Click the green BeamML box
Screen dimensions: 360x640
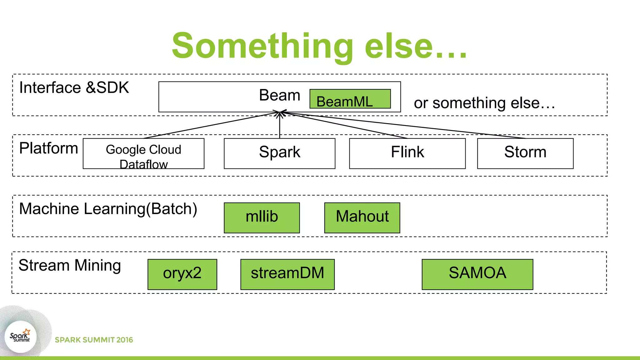350,99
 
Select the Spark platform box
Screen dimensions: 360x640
279,153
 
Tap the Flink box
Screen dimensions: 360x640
407,153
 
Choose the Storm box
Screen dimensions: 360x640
525,153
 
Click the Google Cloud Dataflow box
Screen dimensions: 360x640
143,153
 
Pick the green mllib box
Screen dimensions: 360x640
262,218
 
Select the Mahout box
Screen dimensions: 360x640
362,218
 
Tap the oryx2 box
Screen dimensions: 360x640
182,274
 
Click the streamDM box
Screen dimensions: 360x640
287,274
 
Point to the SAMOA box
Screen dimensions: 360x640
477,274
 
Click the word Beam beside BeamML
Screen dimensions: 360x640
279,95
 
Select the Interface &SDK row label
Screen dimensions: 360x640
74,87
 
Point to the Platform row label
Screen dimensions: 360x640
48,148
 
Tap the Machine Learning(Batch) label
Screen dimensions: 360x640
108,209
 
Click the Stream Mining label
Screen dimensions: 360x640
70,265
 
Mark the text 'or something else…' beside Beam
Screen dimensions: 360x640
484,103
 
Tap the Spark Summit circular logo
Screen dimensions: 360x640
21,337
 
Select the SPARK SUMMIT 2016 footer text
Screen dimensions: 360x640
94,340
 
